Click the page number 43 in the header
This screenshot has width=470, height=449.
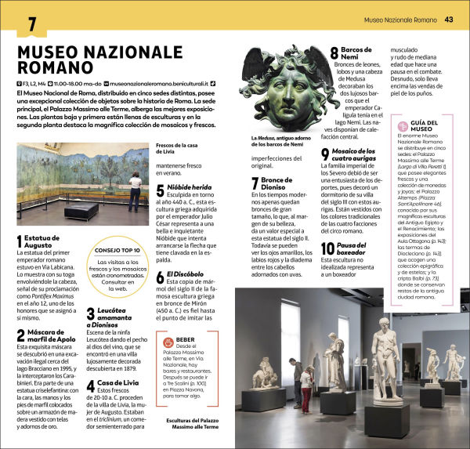point(449,20)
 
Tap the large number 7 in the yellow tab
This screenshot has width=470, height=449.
point(31,24)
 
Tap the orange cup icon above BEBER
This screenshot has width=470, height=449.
point(168,342)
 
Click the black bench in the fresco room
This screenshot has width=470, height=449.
point(81,212)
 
